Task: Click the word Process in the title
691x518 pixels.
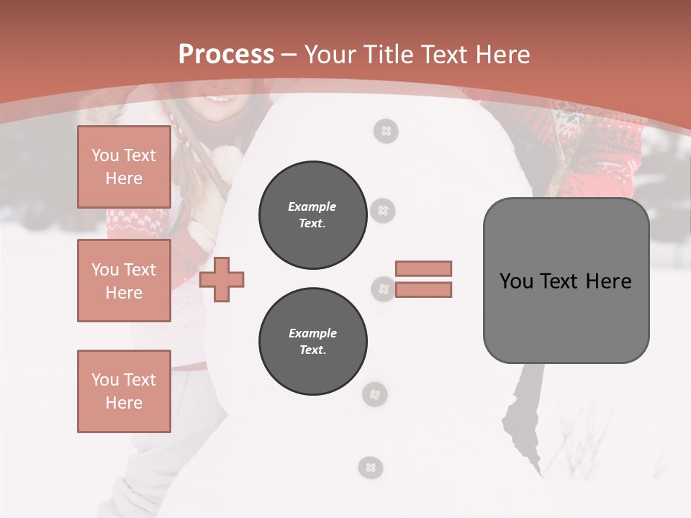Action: [x=226, y=54]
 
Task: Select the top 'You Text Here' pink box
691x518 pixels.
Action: [x=124, y=167]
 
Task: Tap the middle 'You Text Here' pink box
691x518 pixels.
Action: [x=124, y=281]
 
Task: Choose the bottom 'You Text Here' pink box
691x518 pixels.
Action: [x=124, y=391]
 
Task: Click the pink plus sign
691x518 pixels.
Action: [x=222, y=279]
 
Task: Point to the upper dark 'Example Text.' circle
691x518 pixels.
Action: [x=312, y=215]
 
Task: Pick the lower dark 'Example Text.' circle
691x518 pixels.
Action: [x=312, y=341]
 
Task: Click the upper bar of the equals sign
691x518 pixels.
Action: [x=423, y=268]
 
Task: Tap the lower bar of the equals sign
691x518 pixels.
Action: [x=423, y=290]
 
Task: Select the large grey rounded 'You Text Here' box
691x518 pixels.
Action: [x=566, y=281]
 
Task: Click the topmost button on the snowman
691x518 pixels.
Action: [x=386, y=131]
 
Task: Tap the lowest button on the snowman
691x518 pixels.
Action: [x=371, y=468]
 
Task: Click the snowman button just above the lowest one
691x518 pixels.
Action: [x=374, y=394]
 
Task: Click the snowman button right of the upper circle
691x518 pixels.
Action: [x=383, y=211]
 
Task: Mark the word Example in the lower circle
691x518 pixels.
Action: [x=312, y=333]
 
